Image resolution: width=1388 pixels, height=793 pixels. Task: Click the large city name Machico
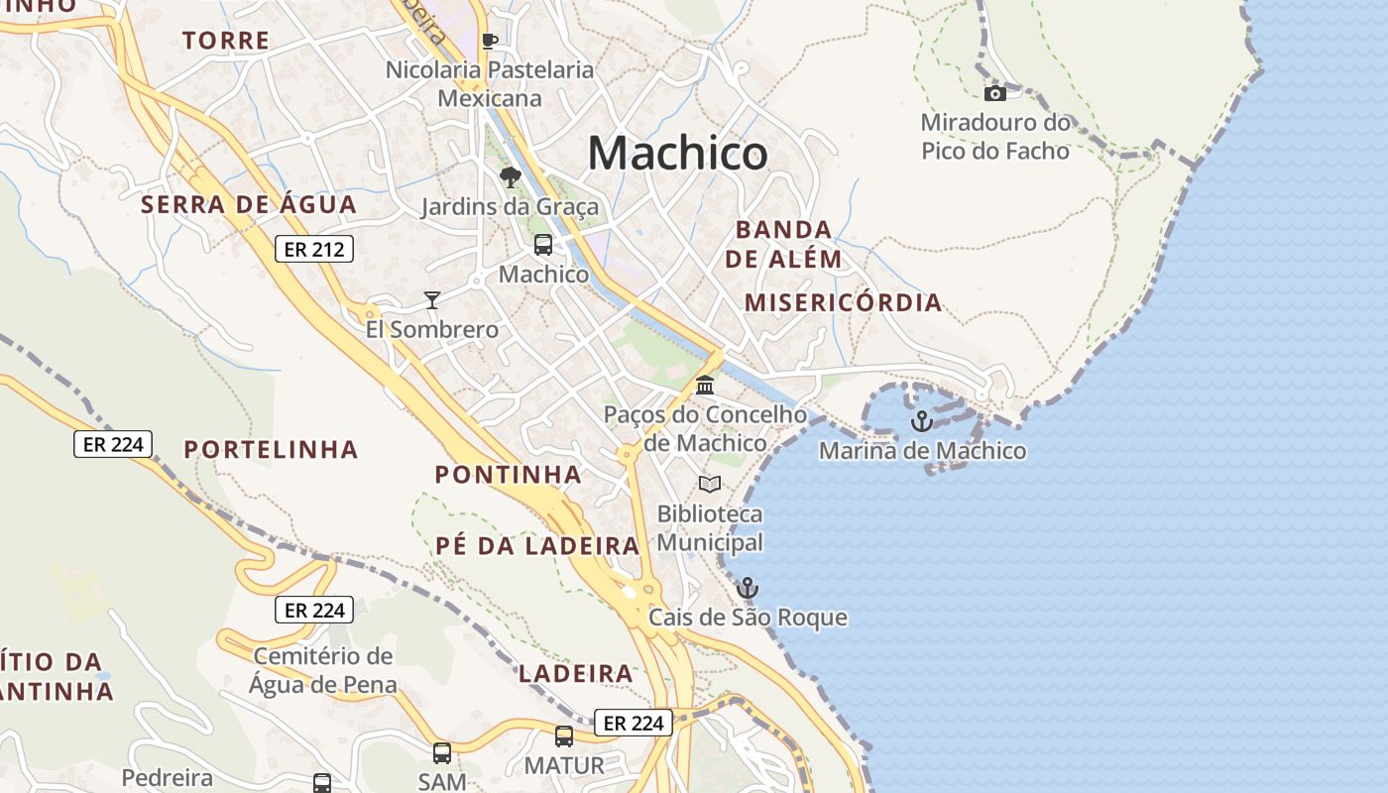(677, 154)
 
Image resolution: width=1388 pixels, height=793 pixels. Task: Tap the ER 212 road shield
(314, 250)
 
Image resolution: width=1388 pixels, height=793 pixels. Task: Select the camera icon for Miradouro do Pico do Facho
(994, 93)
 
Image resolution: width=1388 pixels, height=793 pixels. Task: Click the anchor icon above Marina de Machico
(922, 421)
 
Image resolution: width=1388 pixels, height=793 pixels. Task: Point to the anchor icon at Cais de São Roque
(748, 588)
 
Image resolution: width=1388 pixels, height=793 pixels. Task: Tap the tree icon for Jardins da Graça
(510, 177)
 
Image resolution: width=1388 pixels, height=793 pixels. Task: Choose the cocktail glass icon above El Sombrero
(431, 299)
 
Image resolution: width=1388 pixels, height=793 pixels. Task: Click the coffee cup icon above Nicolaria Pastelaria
(489, 41)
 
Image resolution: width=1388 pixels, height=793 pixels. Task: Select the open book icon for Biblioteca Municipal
(710, 484)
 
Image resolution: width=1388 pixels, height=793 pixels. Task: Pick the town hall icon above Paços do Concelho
(705, 385)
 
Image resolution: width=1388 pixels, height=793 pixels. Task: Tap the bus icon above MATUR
(564, 736)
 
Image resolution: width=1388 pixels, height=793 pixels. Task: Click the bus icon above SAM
(442, 752)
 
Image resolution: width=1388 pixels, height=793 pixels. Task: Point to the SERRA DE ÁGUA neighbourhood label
(248, 205)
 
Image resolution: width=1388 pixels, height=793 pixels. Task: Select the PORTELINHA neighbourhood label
(271, 450)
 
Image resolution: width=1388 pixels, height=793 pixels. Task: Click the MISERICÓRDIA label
(843, 303)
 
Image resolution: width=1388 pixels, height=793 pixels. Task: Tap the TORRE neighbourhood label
(226, 41)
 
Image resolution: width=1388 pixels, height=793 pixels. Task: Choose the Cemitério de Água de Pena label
(323, 670)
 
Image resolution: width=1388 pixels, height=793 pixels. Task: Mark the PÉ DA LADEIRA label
(537, 546)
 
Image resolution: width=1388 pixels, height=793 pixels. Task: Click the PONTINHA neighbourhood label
(508, 475)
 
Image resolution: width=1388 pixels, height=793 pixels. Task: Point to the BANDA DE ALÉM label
(783, 245)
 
